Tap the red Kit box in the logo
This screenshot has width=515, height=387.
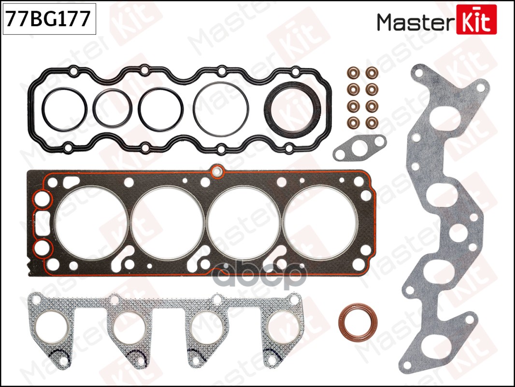(x=476, y=20)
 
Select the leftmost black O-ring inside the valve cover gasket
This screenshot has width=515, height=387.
(x=64, y=109)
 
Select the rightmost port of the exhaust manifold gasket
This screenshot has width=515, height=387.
(x=283, y=327)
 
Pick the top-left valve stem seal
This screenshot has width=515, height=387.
(x=353, y=73)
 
